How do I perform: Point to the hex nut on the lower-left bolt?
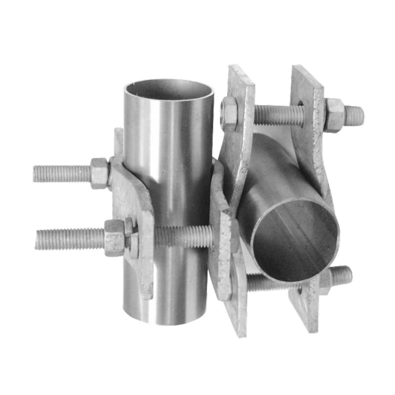(115, 237)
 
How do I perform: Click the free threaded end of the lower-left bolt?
(44, 239)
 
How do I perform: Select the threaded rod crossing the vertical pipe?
(183, 236)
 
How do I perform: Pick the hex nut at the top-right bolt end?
(334, 115)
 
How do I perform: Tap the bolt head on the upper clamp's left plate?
(229, 113)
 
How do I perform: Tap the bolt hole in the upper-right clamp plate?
(301, 105)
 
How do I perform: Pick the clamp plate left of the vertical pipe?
(131, 212)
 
